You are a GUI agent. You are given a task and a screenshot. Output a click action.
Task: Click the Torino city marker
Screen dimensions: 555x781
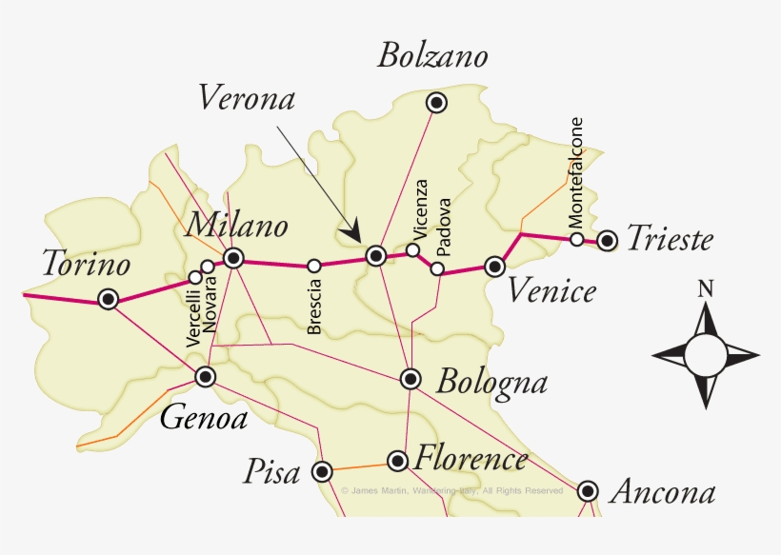[x=109, y=299]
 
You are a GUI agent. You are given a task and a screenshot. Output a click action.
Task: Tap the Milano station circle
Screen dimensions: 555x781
[x=233, y=257]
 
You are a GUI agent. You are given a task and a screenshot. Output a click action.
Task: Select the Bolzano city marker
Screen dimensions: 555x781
[x=436, y=103]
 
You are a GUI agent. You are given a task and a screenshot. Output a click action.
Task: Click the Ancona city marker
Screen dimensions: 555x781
[x=588, y=491]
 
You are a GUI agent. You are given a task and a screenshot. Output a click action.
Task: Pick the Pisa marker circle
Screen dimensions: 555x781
[x=323, y=470]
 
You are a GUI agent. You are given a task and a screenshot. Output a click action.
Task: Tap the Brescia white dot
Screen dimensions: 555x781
[x=313, y=266]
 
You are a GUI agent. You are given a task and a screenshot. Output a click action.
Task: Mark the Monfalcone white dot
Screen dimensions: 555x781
[x=576, y=239]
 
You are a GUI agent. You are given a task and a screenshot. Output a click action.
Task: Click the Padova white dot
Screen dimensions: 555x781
[x=437, y=268]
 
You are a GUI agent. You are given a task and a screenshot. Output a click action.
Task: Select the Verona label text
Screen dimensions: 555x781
[x=247, y=97]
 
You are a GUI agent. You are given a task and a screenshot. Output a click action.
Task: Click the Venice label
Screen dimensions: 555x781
[x=551, y=290]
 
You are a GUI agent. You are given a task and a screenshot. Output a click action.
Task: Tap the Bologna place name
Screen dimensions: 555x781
[x=491, y=383]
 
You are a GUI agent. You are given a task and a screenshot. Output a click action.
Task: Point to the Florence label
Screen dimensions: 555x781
[x=471, y=460]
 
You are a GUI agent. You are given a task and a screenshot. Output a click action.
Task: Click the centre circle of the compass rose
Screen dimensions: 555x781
[x=705, y=355]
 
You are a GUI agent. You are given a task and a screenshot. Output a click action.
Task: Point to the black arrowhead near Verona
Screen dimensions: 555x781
[x=353, y=230]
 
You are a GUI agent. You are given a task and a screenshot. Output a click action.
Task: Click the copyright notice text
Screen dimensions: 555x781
[x=452, y=491]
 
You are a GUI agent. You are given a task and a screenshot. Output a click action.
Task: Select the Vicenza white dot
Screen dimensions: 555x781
[x=412, y=250]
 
